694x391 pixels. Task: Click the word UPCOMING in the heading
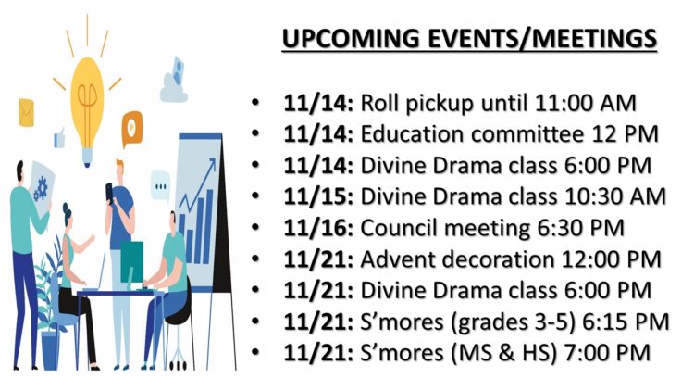(x=351, y=39)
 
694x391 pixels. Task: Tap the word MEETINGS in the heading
(x=594, y=39)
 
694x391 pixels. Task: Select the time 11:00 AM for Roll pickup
(x=585, y=103)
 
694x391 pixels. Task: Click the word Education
(x=412, y=133)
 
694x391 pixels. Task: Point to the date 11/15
(x=318, y=196)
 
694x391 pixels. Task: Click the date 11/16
(x=318, y=228)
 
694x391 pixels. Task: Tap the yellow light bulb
(x=87, y=109)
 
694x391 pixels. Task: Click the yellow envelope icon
(x=26, y=113)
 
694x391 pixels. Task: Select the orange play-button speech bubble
(x=132, y=129)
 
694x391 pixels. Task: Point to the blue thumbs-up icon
(x=59, y=138)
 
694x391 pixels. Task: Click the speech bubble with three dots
(x=160, y=186)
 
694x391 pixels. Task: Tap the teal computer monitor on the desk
(x=132, y=262)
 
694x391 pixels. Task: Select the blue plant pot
(x=50, y=350)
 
